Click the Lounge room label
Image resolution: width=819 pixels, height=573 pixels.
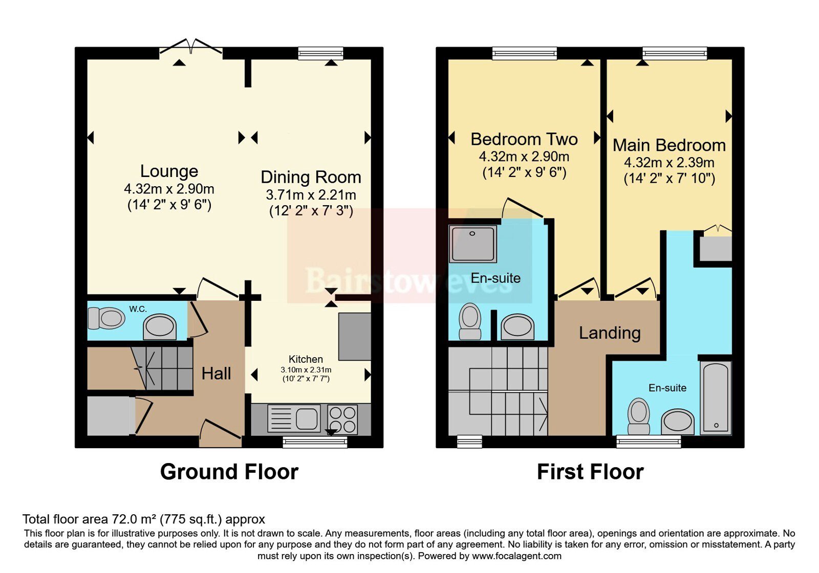coord(169,171)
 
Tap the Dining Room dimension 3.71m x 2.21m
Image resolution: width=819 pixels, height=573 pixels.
coord(311,195)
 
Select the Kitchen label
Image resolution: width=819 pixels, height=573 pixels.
coord(306,359)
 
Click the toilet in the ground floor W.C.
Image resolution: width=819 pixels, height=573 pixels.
coord(106,318)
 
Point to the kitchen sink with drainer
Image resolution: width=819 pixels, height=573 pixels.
coord(294,418)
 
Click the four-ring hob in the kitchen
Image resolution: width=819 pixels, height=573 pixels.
coord(342,419)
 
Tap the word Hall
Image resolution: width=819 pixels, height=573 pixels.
coord(216,374)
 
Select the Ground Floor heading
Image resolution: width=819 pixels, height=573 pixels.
coord(229,472)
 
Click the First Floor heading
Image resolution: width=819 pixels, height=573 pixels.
coord(590,472)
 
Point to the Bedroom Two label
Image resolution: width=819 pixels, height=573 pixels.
coord(524,139)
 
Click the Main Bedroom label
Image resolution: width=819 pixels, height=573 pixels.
coord(669,145)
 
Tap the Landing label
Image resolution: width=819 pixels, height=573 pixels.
coord(610,333)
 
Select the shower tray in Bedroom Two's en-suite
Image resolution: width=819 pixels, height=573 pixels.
coord(473,244)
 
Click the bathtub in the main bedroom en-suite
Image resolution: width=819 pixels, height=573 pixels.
coord(716,398)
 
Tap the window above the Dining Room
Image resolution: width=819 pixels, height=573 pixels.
coord(320,53)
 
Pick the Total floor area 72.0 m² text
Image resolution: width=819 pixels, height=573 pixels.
coord(144,519)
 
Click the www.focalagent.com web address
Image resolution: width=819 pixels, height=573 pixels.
coord(516,556)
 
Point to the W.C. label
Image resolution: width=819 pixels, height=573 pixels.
coord(138,309)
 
